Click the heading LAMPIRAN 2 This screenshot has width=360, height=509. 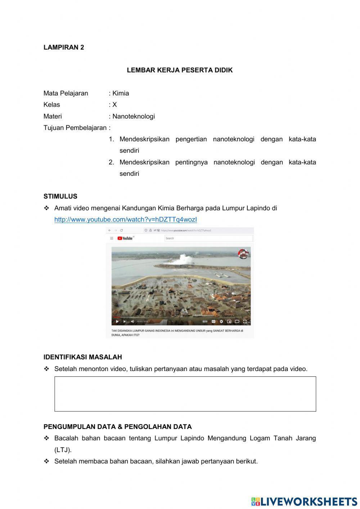64,47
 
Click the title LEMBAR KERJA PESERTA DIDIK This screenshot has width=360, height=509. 180,70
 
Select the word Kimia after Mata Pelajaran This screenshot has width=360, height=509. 121,93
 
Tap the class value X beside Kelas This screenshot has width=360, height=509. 114,105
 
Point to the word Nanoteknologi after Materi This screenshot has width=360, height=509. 134,116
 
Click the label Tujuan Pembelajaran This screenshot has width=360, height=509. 75,128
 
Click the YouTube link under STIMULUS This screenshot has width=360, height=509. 126,219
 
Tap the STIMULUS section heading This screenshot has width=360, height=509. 60,196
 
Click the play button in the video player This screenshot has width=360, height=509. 117,321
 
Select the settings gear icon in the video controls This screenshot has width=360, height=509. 221,321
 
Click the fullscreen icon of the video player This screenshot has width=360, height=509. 245,321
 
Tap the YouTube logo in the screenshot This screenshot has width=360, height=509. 125,238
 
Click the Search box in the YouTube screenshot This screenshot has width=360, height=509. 208,238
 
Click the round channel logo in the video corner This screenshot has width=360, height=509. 243,254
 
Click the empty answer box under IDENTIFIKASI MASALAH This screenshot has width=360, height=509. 185,394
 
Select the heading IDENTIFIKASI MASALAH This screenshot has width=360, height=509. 83,357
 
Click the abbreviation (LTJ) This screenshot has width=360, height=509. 63,450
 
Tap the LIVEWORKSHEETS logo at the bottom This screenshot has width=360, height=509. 304,501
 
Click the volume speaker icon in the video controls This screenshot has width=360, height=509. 132,321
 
